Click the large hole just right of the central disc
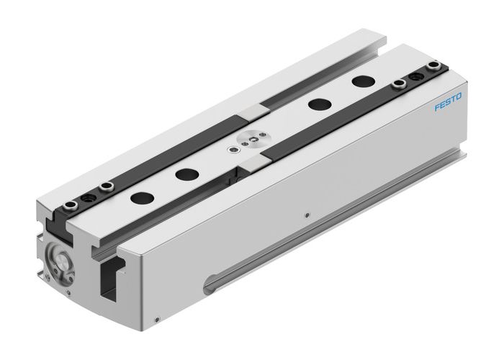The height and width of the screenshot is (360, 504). (x=314, y=104)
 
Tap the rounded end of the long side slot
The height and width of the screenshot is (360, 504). (x=210, y=283)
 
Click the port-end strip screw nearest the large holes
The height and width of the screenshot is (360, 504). (x=107, y=186)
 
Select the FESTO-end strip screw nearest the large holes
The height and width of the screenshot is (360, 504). (x=398, y=87)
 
